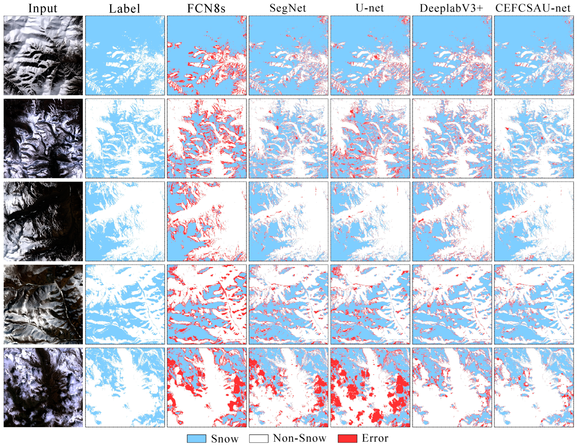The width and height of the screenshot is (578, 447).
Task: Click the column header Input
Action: click(43, 8)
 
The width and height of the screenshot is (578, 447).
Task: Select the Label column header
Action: click(124, 9)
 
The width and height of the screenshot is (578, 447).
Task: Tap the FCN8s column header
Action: click(206, 8)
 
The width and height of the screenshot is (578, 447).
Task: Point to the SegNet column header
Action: click(288, 8)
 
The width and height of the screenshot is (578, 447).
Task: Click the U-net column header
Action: click(369, 8)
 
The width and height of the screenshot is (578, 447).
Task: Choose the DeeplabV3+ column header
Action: click(451, 8)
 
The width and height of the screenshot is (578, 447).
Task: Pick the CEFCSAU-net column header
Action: click(533, 8)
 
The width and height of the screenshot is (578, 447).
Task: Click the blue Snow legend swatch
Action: click(196, 439)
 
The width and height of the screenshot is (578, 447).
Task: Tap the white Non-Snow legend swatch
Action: click(259, 439)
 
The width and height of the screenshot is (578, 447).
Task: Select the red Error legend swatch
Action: click(347, 439)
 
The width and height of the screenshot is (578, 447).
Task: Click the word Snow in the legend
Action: click(225, 439)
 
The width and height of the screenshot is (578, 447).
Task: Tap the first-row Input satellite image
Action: click(43, 55)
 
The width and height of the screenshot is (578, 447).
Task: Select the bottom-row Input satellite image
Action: click(43, 387)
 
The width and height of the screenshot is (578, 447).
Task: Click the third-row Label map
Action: click(125, 221)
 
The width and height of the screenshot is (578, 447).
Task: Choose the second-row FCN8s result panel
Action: click(207, 138)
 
